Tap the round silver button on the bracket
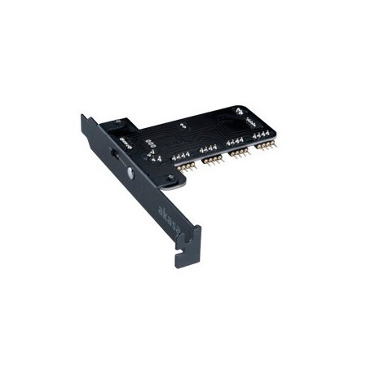(x=131, y=174)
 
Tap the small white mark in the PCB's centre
(x=181, y=126)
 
